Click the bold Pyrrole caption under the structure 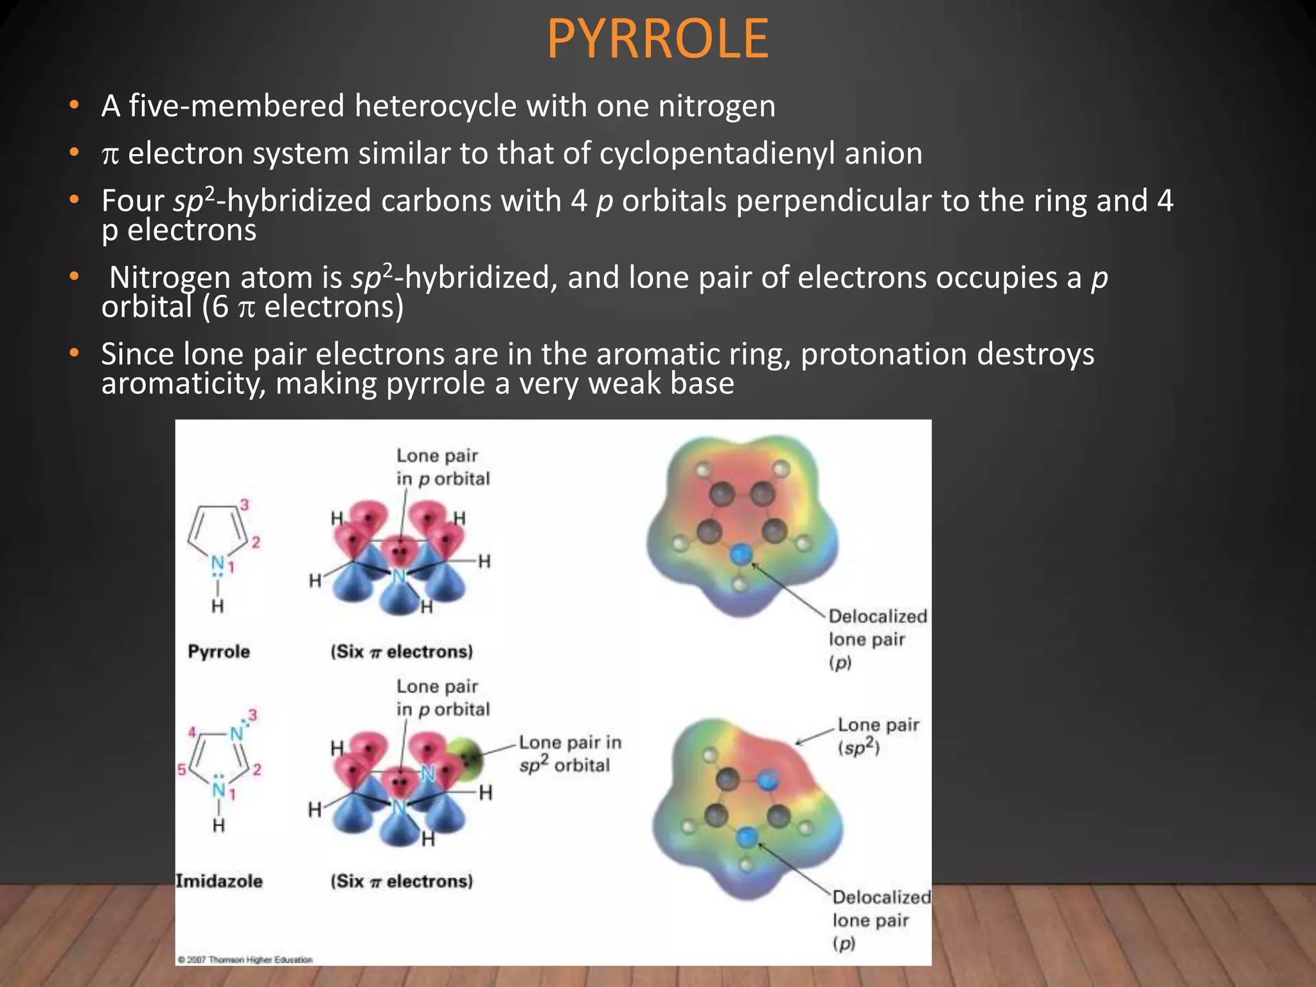218,652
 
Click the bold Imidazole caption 219,881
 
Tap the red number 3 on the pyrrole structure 244,505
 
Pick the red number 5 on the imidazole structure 181,769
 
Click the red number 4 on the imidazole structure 191,732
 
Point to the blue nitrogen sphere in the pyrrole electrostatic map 742,554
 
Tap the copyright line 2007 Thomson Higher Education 245,959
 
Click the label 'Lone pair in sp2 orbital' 569,754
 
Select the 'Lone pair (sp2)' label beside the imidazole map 878,736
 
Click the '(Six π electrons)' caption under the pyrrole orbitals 402,652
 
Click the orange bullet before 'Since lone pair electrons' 75,353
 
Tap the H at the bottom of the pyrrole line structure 218,606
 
